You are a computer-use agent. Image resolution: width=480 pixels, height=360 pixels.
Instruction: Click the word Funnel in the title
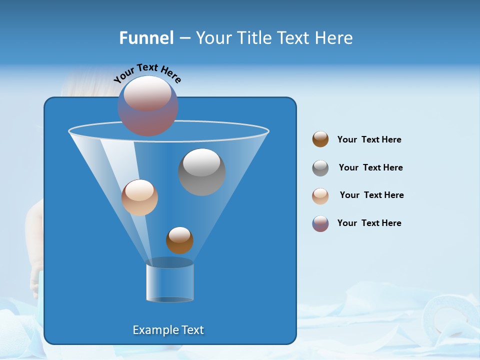coord(146,38)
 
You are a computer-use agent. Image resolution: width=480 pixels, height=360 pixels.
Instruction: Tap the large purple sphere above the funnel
coord(147,105)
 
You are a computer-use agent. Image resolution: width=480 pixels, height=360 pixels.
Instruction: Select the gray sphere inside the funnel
coord(202,172)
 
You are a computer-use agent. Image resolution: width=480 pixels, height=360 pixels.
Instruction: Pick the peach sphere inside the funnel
coord(139,197)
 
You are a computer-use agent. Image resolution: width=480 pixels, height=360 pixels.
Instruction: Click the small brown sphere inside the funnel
coord(179,240)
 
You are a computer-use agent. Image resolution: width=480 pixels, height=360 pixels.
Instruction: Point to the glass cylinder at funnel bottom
coord(169,282)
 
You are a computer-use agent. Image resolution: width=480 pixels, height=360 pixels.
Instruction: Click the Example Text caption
coord(168,330)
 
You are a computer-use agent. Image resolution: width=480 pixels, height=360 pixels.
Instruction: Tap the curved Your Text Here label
coord(147,73)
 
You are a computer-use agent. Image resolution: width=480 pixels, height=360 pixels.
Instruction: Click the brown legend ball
coord(320,139)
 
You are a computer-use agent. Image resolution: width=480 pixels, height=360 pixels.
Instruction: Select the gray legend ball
coord(320,168)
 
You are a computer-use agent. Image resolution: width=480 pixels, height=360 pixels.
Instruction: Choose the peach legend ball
coord(320,196)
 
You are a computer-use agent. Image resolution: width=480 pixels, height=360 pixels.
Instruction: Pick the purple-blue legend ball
coord(320,223)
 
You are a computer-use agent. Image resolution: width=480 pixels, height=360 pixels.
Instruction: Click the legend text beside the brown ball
coord(369,140)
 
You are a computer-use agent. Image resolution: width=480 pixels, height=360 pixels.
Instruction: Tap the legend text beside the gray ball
coord(370,168)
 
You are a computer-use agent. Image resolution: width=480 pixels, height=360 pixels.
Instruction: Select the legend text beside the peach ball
coord(371,195)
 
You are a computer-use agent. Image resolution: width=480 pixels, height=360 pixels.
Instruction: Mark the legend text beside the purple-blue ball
coord(369,223)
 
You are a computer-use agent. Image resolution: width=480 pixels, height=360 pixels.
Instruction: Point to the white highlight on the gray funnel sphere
coord(201,162)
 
